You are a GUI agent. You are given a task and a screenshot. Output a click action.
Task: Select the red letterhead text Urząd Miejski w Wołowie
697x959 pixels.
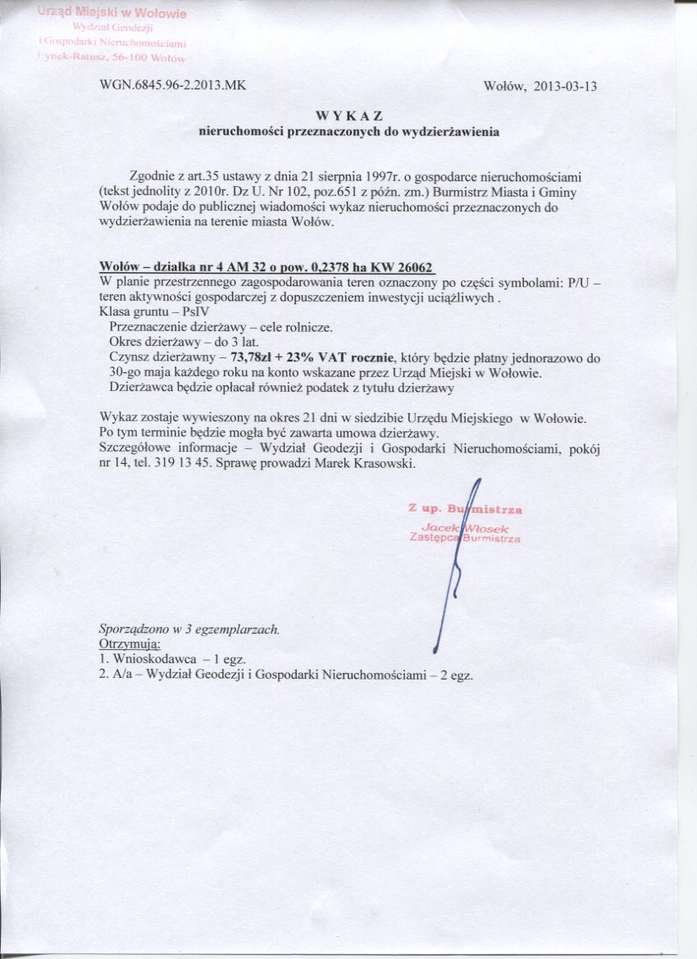click(112, 13)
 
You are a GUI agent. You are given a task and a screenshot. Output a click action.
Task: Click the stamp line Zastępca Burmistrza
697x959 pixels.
click(463, 539)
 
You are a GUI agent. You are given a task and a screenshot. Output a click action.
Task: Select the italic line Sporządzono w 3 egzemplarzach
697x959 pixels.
click(189, 629)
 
